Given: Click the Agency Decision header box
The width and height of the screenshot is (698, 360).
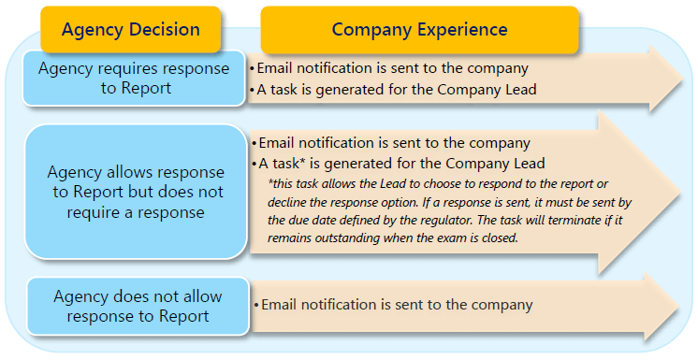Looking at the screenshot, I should coord(130,29).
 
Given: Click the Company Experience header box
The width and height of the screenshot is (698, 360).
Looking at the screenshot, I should coord(419,29).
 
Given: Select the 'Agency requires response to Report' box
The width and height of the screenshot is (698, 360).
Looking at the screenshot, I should coord(133,79).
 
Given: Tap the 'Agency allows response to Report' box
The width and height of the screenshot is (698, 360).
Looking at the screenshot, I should coord(135,192).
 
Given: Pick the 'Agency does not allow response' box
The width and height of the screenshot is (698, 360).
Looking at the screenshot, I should coord(138,306).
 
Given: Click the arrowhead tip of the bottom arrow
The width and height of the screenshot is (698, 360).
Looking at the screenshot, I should coord(680,307).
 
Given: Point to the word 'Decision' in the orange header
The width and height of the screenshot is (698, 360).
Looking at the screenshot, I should coord(165,29).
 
